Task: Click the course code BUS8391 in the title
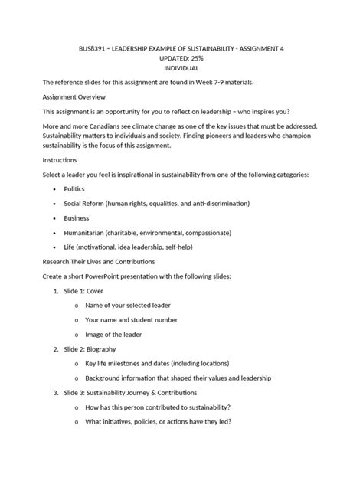coord(96,47)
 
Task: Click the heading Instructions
coord(60,160)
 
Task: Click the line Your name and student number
coord(131,319)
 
